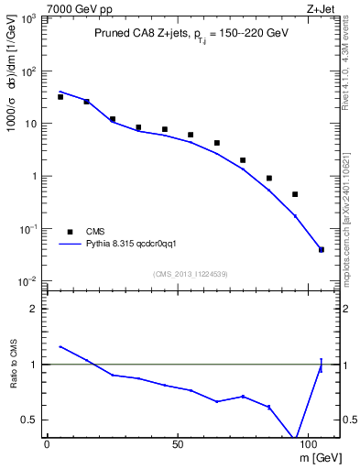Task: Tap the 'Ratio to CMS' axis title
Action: pos(15,365)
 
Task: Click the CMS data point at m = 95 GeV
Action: pos(295,194)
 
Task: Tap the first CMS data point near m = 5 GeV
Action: pos(60,96)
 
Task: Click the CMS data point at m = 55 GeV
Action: pos(191,135)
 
